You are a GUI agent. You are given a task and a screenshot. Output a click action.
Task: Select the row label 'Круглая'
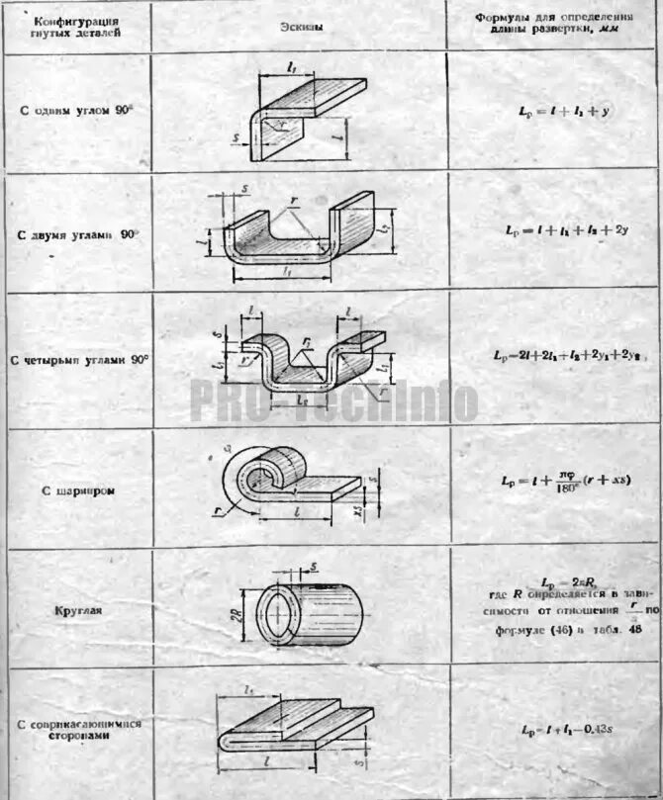[80, 610]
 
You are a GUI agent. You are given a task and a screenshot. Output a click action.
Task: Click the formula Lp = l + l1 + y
[555, 111]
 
